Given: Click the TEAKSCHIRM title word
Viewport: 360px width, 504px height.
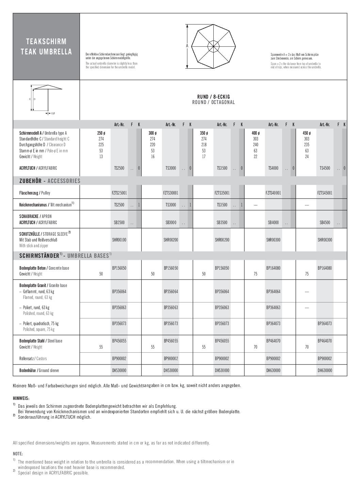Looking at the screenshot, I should [46, 41].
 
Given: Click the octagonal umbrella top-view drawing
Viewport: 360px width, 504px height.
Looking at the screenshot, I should [213, 46].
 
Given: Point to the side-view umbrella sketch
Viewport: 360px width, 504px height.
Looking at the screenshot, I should [47, 98].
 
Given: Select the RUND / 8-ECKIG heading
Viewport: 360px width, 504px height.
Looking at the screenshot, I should [213, 97].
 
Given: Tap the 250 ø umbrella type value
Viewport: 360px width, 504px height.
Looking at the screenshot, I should [101, 133].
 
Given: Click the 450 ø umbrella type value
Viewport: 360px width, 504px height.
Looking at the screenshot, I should [307, 133].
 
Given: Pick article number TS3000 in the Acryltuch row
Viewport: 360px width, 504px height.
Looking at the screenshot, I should [170, 168].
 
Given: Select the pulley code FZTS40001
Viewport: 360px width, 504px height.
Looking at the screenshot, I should [273, 193].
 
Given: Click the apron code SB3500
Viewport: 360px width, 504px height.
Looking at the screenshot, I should [222, 222].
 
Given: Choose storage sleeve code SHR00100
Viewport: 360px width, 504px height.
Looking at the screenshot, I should [119, 240].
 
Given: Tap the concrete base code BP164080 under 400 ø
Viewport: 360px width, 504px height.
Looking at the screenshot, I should [273, 268].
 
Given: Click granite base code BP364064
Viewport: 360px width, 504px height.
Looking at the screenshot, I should [273, 291].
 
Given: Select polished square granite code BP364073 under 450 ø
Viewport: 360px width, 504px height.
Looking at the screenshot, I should [325, 323].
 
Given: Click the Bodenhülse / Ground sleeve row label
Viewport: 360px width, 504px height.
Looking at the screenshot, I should [39, 370].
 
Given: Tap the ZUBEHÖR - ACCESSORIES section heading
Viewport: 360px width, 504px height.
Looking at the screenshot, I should [50, 181].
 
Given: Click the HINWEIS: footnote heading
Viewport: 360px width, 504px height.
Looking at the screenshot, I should [21, 398].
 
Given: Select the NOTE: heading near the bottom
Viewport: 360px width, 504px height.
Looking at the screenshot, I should [18, 454].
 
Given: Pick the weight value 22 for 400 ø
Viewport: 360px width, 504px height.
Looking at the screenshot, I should [255, 156].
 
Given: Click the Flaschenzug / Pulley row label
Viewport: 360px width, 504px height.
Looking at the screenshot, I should [35, 193].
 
